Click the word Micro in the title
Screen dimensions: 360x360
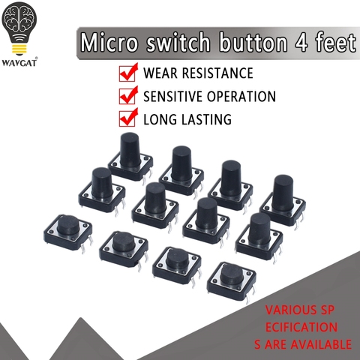pos(109,43)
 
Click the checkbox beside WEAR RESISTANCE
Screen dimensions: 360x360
pos(128,72)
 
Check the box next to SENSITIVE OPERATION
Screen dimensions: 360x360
pos(128,95)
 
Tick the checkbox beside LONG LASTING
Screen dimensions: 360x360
pos(128,117)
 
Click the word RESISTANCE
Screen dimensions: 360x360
pos(217,73)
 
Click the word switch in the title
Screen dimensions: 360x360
pos(178,43)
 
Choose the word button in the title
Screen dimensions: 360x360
pos(253,43)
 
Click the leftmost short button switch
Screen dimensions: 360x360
pos(68,232)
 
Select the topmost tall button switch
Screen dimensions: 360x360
pos(130,157)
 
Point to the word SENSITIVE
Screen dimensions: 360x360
pos(172,96)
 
